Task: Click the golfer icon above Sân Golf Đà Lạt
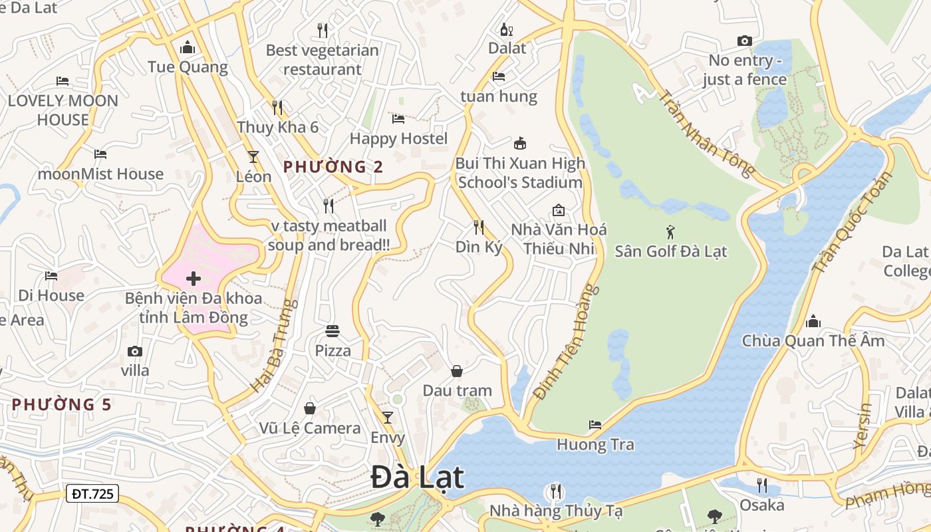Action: pos(670,232)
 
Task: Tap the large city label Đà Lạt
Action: pos(418,477)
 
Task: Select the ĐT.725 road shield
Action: pos(92,493)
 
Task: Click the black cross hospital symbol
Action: pos(194,278)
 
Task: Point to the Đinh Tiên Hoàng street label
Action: pos(562,343)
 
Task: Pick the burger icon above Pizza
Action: pos(332,331)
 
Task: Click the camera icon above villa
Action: pos(135,351)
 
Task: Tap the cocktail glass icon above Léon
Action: pos(253,156)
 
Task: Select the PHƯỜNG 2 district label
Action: pos(333,167)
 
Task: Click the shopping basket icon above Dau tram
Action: pos(457,370)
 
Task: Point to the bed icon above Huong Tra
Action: pos(595,424)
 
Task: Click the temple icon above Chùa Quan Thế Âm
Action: pos(813,322)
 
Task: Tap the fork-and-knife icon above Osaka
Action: pos(762,485)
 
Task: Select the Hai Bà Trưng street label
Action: pos(273,346)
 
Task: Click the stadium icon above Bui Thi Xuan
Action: pos(520,143)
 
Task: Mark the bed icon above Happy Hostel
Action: pos(398,119)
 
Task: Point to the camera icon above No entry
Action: pos(745,41)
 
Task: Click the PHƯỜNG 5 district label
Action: pos(61,404)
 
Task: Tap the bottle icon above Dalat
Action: pos(506,29)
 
